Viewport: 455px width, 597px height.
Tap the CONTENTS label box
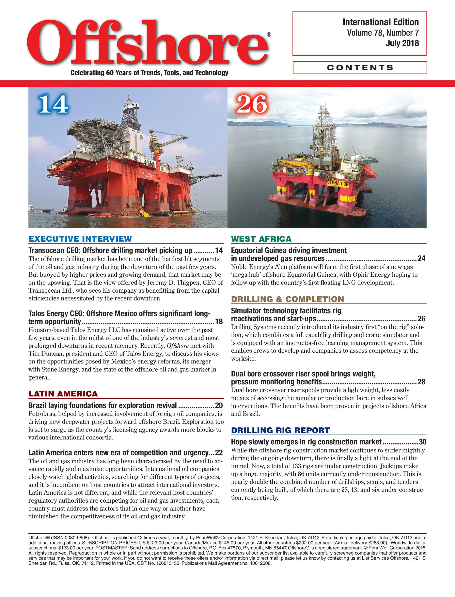[360, 68]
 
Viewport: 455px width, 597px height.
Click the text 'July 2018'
[402, 43]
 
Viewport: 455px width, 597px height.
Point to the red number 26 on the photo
[251, 104]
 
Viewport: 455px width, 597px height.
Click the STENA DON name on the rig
[337, 183]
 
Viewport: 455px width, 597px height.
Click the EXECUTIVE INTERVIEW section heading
[80, 239]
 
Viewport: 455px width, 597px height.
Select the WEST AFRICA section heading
[261, 239]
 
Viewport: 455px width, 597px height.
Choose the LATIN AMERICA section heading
[63, 394]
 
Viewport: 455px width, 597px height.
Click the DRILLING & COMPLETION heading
[287, 299]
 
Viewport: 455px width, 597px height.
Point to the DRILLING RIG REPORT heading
[280, 430]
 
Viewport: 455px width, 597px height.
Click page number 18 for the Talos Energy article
[219, 321]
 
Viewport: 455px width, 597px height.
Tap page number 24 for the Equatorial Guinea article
[421, 258]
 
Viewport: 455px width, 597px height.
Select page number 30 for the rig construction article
[422, 442]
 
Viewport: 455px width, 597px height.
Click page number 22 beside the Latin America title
[219, 453]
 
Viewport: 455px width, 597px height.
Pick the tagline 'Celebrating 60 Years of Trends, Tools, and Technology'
[149, 73]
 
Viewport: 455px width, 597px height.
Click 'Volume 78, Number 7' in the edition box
[383, 33]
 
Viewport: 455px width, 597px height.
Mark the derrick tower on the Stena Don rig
[324, 130]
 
